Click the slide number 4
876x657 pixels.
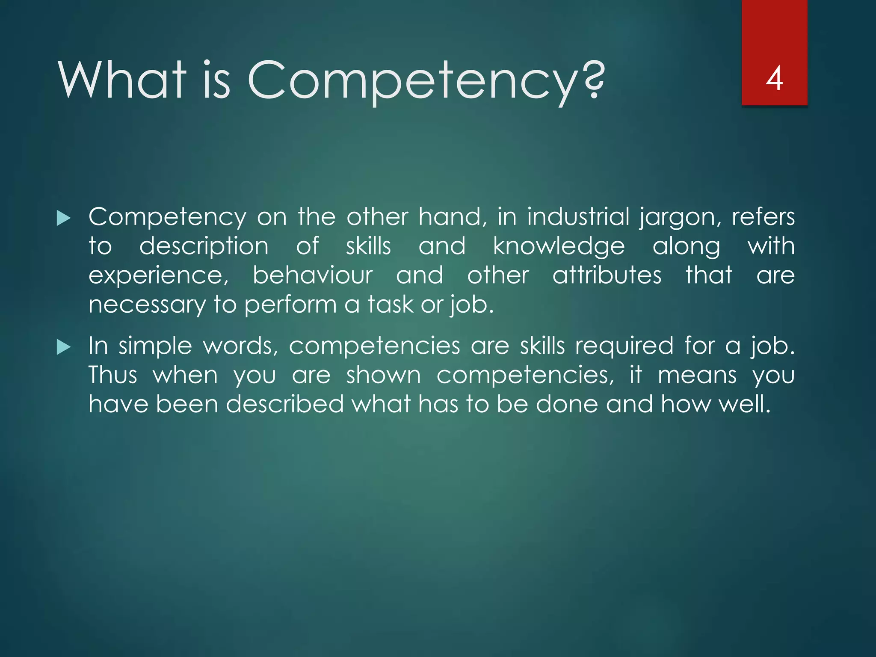[774, 79]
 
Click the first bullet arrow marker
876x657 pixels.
[63, 218]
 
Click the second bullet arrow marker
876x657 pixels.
[63, 347]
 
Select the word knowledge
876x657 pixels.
[559, 246]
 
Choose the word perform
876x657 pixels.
[291, 305]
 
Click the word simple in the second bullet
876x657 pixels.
[155, 346]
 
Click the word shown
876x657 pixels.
[384, 375]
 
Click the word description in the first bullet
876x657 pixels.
[204, 247]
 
